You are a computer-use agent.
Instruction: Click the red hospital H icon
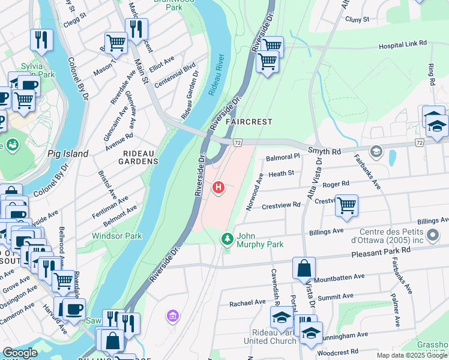tap(218, 188)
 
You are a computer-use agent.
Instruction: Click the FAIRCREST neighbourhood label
tap(249, 122)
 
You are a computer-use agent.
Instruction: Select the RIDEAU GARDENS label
tap(140, 161)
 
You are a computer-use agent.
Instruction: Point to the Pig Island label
tap(68, 154)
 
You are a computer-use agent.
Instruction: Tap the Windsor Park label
tap(116, 236)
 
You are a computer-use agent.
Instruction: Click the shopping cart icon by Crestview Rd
tap(346, 206)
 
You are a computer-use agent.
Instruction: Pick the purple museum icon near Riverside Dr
tap(173, 316)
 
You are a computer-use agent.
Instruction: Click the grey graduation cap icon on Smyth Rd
tap(376, 151)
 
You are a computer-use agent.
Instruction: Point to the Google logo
tap(20, 353)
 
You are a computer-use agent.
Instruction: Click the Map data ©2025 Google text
tap(411, 355)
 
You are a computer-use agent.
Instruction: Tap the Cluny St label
tap(357, 19)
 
